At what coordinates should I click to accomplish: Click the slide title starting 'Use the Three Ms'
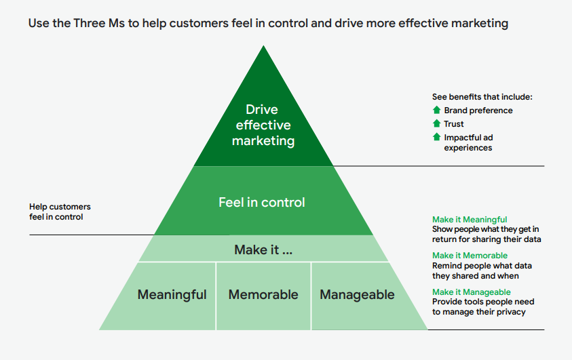pos(268,24)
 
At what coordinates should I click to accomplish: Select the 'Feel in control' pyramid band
pos(262,202)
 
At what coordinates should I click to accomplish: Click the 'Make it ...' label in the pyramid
pos(263,249)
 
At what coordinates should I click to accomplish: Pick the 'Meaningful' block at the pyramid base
pos(172,294)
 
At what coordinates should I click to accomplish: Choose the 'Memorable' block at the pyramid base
pos(263,294)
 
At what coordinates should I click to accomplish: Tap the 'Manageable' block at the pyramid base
pos(357,294)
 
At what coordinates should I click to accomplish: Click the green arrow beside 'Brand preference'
pos(436,110)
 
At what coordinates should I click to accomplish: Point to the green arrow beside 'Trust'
pos(436,123)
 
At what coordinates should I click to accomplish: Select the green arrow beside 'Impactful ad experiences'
pos(436,137)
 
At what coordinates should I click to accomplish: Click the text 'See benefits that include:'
pos(482,97)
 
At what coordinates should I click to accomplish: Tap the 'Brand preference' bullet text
pos(478,111)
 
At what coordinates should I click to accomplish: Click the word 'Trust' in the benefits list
pos(454,124)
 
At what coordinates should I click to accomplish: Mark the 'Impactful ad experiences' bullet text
pos(468,142)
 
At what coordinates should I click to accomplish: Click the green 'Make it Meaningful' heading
pos(470,220)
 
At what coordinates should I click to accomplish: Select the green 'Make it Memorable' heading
pos(470,256)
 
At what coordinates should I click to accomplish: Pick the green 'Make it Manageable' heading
pos(472,292)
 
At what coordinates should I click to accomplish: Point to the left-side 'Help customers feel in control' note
pos(60,212)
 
